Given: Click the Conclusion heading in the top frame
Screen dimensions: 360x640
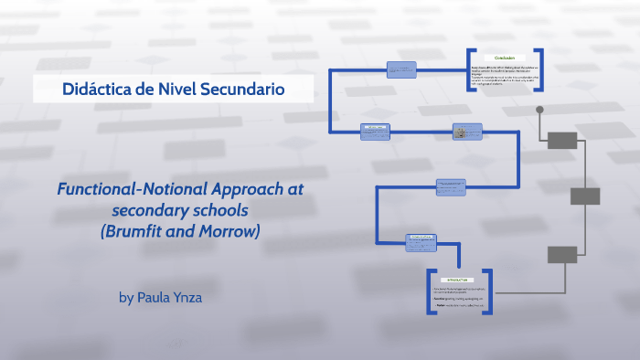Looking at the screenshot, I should tap(506, 58).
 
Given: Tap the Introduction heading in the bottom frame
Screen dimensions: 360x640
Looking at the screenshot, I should tap(457, 279).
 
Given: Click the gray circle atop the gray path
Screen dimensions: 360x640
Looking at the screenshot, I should tap(540, 111).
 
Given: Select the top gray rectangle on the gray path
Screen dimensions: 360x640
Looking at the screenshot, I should tap(562, 140).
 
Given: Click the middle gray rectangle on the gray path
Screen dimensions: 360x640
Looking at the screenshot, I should tap(585, 196).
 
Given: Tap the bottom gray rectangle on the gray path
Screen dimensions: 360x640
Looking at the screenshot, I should tap(562, 253).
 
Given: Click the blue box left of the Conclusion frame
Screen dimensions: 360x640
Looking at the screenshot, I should tap(401, 69).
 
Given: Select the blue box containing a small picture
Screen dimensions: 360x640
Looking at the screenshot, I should tap(467, 132).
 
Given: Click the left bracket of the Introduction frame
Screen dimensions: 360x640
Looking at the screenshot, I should tap(430, 292).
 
